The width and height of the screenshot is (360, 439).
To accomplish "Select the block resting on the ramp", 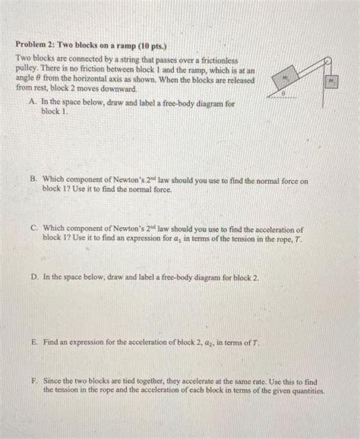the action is [x=286, y=78].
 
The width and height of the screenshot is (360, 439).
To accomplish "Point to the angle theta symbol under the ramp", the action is [x=282, y=93].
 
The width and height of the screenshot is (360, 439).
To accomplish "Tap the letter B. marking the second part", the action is [x=34, y=182].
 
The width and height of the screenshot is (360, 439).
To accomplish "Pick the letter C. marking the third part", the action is [x=35, y=229].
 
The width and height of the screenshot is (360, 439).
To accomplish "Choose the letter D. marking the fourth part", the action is [x=35, y=278].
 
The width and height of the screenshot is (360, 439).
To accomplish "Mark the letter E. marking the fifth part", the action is [x=35, y=343].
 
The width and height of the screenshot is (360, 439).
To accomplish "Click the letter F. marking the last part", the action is [x=35, y=382].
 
